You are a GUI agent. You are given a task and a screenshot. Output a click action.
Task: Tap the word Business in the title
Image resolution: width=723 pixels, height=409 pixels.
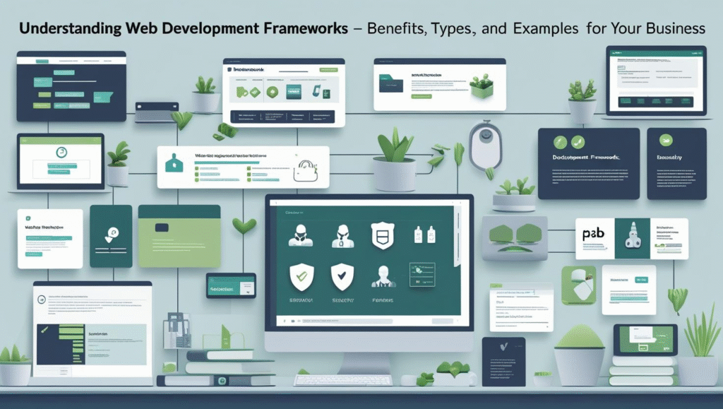click(x=671, y=28)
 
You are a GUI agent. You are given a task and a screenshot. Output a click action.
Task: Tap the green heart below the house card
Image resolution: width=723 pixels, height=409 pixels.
click(x=244, y=226)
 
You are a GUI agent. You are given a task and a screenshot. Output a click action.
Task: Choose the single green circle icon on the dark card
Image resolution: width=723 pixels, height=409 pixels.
click(x=664, y=142)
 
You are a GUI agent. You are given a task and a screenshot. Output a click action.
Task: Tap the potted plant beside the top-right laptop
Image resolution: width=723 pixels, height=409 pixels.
click(x=582, y=99)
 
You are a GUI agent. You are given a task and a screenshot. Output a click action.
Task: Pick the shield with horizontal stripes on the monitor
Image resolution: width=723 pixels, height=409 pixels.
click(x=381, y=235)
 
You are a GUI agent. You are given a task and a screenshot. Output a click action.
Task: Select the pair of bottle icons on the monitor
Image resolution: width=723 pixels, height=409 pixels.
click(x=423, y=235)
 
